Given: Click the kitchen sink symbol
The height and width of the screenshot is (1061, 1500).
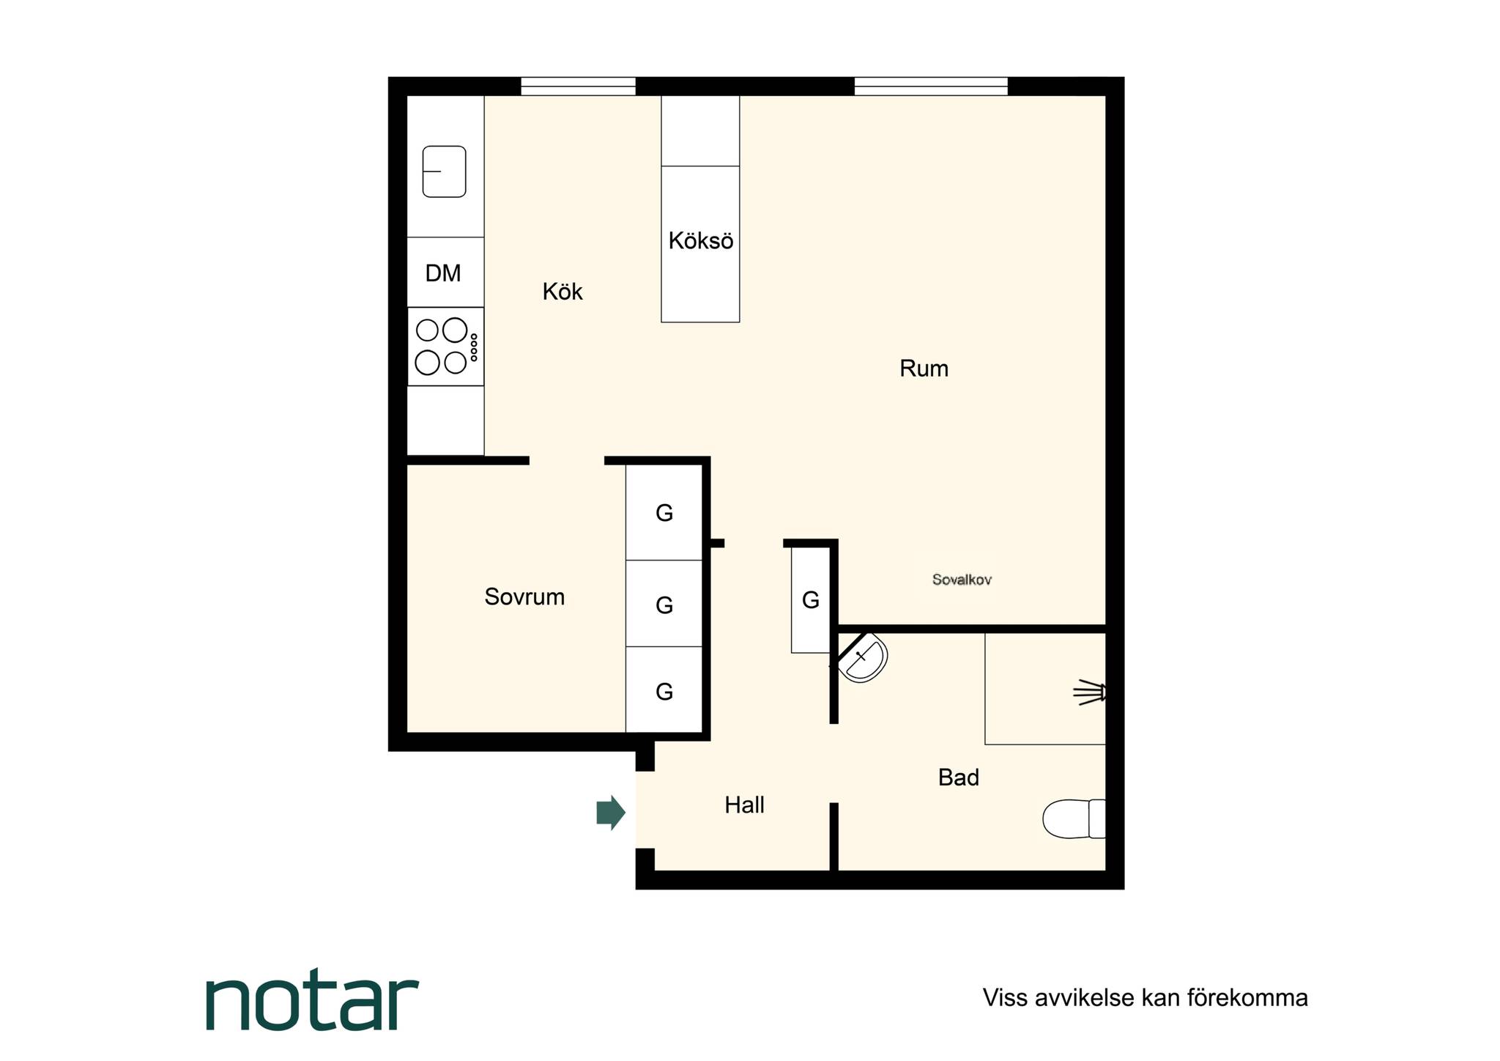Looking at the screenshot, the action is coord(445,171).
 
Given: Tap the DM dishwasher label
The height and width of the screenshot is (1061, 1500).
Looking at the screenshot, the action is coord(443,273).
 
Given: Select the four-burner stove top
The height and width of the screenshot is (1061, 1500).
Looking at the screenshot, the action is coord(445,347).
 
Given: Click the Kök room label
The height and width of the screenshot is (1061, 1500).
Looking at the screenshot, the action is coord(562,292).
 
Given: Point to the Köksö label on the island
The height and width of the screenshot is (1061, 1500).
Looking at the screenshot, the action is coord(701,241).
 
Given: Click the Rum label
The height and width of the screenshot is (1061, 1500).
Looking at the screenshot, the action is coord(924,369).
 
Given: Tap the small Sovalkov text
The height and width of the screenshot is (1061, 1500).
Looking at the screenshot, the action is coord(962,580).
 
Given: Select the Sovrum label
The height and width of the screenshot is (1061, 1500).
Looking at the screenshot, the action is coord(524,597).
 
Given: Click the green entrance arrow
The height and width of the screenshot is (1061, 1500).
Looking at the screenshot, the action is coord(611,813).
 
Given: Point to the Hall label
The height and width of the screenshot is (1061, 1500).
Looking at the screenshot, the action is coord(744,805).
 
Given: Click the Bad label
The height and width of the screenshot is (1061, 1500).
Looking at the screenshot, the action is coord(958,777).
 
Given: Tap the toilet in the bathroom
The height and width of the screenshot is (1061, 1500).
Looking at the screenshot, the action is coord(1074,818).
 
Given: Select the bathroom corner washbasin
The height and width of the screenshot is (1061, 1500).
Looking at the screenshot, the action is coord(863,658).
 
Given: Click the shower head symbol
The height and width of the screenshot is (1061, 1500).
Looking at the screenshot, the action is coord(1090,692).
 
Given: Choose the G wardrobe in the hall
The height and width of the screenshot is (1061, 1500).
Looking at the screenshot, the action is coord(810,601).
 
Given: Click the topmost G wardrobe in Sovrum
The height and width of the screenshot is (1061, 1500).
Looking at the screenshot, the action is coord(664,513).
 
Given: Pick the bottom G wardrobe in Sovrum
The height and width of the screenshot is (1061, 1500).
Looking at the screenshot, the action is coord(664,691).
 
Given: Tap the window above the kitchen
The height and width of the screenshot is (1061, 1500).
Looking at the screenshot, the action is coord(578,86).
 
